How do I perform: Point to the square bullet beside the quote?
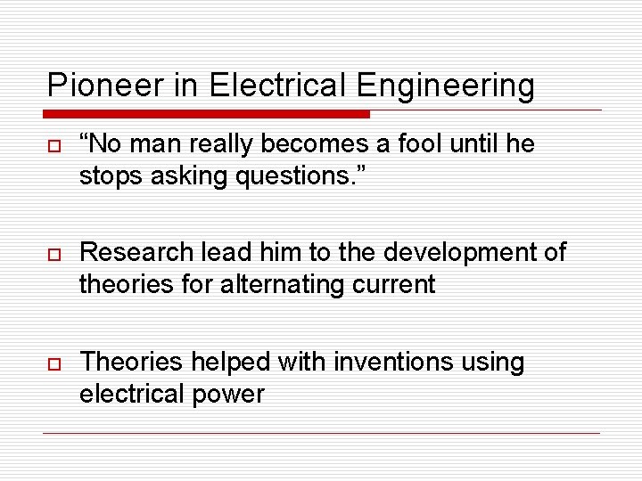pyautogui.click(x=53, y=145)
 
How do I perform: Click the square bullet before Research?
pyautogui.click(x=53, y=254)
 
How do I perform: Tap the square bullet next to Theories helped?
pyautogui.click(x=53, y=363)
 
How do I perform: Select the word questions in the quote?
pyautogui.click(x=290, y=176)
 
